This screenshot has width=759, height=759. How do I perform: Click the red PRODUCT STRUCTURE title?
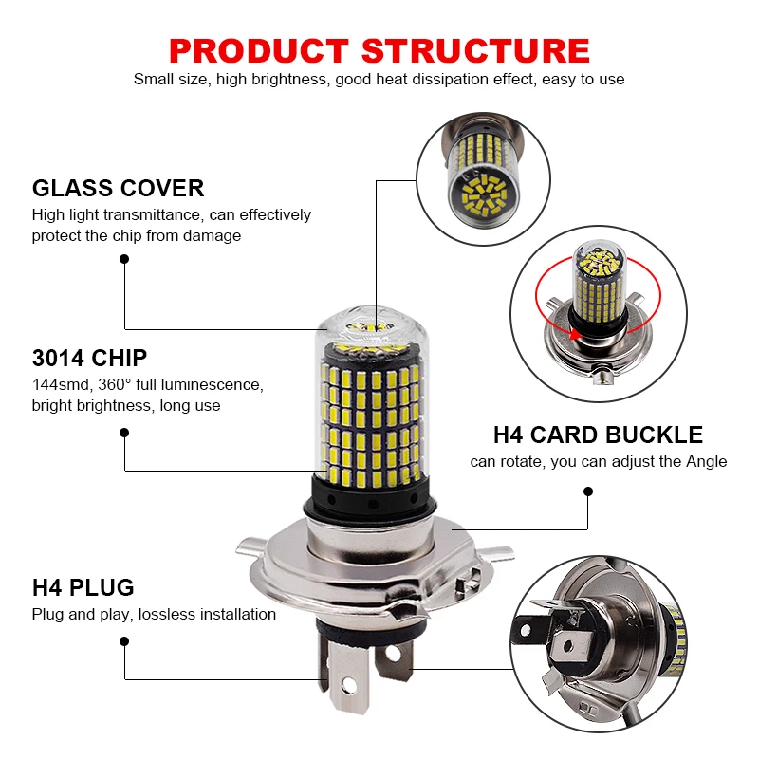coord(379,48)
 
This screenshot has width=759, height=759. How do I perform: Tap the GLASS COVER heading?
coord(118,188)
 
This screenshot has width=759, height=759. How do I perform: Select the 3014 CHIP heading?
coord(89,358)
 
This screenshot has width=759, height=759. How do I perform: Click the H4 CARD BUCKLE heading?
coord(598,435)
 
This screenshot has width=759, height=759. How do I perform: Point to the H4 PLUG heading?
coord(83,587)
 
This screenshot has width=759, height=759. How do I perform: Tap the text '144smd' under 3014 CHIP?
coord(58,385)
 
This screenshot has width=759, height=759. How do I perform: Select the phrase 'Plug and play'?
coord(81,614)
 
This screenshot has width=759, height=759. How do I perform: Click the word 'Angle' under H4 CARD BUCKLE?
coord(705,462)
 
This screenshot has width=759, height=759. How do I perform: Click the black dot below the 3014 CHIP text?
coord(124,432)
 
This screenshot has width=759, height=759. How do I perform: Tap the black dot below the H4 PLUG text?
coord(124,641)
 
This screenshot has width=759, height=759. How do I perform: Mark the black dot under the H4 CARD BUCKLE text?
coord(588,491)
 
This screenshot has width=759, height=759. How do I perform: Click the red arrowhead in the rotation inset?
coord(576,335)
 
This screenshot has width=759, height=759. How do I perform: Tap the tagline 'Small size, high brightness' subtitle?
coord(379,80)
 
